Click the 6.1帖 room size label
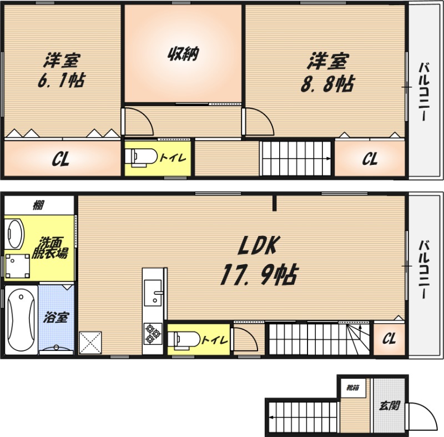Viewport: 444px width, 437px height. [x=62, y=81]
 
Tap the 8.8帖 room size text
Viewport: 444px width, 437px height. [x=327, y=84]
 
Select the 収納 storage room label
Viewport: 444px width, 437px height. [x=183, y=53]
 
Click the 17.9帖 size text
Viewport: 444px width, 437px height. [x=259, y=274]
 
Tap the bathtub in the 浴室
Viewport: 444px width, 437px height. [x=21, y=320]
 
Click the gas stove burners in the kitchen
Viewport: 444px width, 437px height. [x=153, y=334]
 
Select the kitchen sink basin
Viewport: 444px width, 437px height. [x=153, y=293]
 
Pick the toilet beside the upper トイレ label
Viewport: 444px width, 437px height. [x=141, y=157]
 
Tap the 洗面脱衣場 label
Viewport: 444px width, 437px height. [x=50, y=248]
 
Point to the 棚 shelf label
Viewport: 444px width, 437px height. [x=38, y=205]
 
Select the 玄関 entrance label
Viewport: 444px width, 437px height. [x=390, y=406]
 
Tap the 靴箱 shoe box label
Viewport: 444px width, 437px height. [x=353, y=388]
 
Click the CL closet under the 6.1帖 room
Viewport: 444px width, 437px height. [x=62, y=159]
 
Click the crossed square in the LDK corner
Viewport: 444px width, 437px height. [x=90, y=343]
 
